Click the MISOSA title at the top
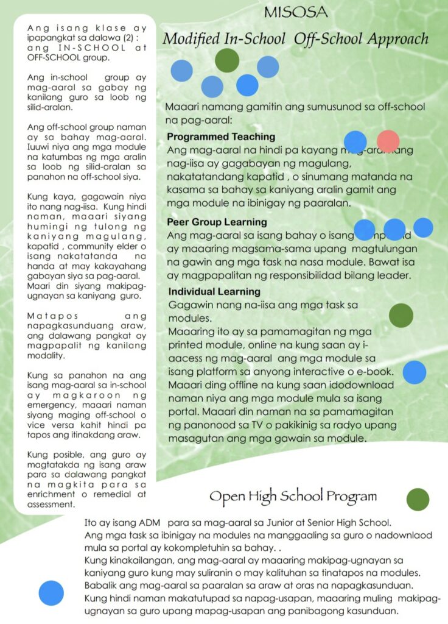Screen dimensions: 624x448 coord(296,12)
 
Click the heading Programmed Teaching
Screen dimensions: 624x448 coord(221,137)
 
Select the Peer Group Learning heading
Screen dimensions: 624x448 coord(217,222)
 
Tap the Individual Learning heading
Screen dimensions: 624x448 coord(214,291)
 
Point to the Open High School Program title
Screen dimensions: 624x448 coord(293,496)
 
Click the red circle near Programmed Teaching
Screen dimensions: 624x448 coord(388,142)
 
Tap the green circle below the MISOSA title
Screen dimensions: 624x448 coord(227,60)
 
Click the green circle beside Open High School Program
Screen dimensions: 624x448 coord(418,499)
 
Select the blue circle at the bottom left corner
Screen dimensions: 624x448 coord(51,593)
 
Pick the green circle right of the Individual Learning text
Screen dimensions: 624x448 coord(401,315)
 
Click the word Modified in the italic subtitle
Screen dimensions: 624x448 coord(191,39)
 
